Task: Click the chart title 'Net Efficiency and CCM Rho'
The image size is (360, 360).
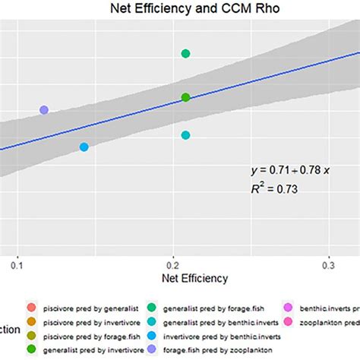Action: (180, 10)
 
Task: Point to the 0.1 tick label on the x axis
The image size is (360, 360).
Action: (18, 265)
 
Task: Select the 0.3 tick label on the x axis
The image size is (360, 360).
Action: (329, 265)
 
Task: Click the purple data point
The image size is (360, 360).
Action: (44, 110)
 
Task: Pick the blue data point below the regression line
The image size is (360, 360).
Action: (84, 147)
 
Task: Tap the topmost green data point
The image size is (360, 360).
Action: (185, 53)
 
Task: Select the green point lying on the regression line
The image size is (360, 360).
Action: (185, 97)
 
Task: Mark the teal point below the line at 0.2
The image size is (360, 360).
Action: (185, 134)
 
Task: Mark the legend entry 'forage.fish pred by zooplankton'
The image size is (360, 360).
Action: (220, 349)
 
